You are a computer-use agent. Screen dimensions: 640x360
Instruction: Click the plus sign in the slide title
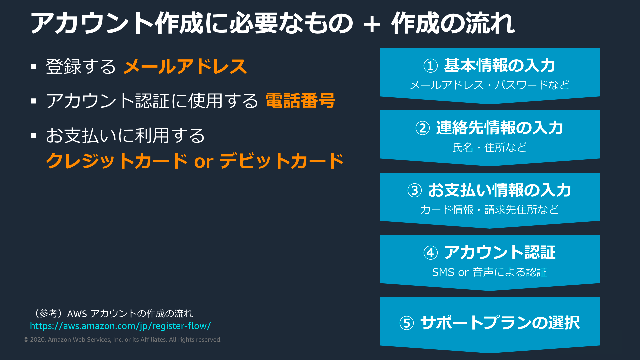click(x=372, y=24)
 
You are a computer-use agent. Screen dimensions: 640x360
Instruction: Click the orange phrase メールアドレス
click(x=185, y=66)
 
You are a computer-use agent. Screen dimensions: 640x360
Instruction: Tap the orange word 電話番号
click(x=300, y=101)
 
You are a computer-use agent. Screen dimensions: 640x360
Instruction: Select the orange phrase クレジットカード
click(x=117, y=161)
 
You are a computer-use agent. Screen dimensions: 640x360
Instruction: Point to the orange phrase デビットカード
click(x=282, y=161)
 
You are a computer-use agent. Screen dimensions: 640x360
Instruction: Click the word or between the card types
click(x=204, y=162)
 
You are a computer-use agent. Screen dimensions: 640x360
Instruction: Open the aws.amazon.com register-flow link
click(x=120, y=326)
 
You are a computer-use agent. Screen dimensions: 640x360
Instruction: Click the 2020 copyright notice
click(x=122, y=340)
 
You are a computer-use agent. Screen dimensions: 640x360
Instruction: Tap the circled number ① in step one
click(x=430, y=66)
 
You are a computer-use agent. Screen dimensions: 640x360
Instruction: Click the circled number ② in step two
click(x=422, y=128)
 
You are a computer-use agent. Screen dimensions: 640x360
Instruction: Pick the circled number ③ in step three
click(x=414, y=191)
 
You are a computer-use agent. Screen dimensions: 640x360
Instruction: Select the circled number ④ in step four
click(x=430, y=253)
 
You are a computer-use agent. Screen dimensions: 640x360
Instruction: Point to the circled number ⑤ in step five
click(x=406, y=323)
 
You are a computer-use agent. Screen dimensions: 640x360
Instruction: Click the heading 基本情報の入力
click(x=500, y=65)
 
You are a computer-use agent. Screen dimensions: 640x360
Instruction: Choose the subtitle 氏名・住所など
click(x=489, y=147)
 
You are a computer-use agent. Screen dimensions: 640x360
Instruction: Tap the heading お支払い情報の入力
click(x=500, y=190)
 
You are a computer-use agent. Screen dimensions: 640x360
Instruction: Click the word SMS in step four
click(x=443, y=272)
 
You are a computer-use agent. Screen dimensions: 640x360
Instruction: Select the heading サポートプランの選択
click(x=500, y=323)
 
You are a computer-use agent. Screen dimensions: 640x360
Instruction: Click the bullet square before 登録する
click(x=34, y=67)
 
